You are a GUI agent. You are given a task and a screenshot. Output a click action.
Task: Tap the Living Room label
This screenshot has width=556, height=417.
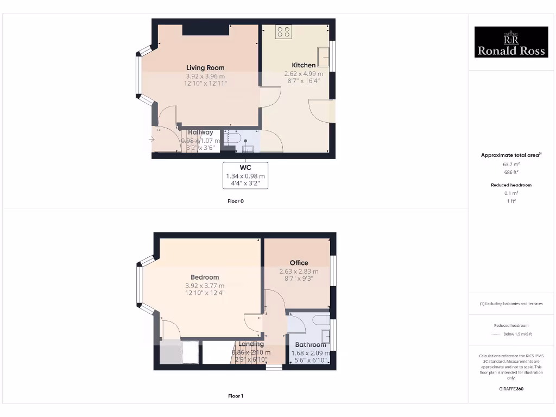pyautogui.click(x=205, y=68)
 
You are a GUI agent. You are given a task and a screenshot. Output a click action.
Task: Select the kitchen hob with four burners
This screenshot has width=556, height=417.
pyautogui.click(x=283, y=32)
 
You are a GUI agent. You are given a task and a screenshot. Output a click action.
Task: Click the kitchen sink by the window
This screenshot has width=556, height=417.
pyautogui.click(x=324, y=55)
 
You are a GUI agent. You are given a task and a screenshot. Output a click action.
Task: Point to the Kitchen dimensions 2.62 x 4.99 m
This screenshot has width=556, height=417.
pyautogui.click(x=304, y=74)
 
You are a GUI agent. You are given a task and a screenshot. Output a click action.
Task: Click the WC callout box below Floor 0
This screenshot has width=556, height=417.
pyautogui.click(x=245, y=175)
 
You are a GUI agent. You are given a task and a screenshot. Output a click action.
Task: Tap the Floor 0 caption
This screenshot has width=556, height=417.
pyautogui.click(x=236, y=201)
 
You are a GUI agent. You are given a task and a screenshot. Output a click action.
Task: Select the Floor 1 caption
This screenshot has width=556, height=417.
pyautogui.click(x=236, y=396)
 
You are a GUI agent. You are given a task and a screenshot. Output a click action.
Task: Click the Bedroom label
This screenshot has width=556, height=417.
pyautogui.click(x=205, y=277)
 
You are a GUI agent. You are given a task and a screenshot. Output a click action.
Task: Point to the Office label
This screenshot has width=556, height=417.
pyautogui.click(x=299, y=263)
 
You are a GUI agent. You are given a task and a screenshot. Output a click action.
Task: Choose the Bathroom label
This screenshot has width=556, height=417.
pyautogui.click(x=311, y=345)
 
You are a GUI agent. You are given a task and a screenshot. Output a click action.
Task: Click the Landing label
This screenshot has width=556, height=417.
pyautogui.click(x=251, y=344)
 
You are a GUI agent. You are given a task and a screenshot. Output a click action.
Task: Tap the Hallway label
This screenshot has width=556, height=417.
pyautogui.click(x=200, y=132)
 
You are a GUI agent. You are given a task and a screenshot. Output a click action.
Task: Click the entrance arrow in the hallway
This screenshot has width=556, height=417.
pyautogui.click(x=152, y=140)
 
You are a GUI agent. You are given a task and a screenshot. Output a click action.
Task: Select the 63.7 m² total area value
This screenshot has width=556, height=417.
pyautogui.click(x=510, y=163)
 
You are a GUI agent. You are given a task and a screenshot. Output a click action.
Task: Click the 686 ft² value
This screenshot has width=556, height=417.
pyautogui.click(x=510, y=172)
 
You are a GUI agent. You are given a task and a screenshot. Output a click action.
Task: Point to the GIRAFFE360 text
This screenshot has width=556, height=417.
pyautogui.click(x=510, y=389)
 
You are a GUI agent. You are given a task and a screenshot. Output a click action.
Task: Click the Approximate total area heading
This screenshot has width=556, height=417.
pyautogui.click(x=510, y=155)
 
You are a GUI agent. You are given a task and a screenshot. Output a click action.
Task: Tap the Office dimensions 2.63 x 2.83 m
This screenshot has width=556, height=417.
pyautogui.click(x=299, y=271)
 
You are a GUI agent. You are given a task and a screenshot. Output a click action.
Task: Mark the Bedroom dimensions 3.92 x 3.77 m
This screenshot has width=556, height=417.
pyautogui.click(x=205, y=286)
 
